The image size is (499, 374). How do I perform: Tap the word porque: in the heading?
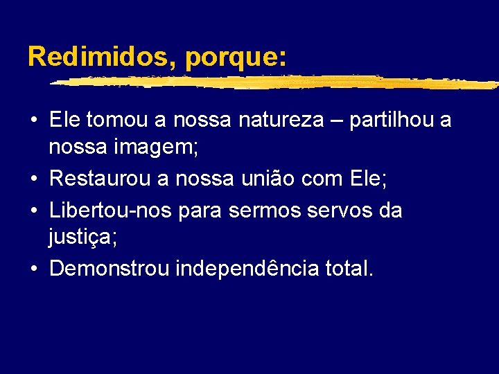click(235, 57)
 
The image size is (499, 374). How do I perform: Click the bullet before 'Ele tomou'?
click(33, 121)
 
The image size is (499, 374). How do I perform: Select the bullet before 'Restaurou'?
click(33, 180)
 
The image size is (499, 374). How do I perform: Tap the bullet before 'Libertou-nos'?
click(33, 210)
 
